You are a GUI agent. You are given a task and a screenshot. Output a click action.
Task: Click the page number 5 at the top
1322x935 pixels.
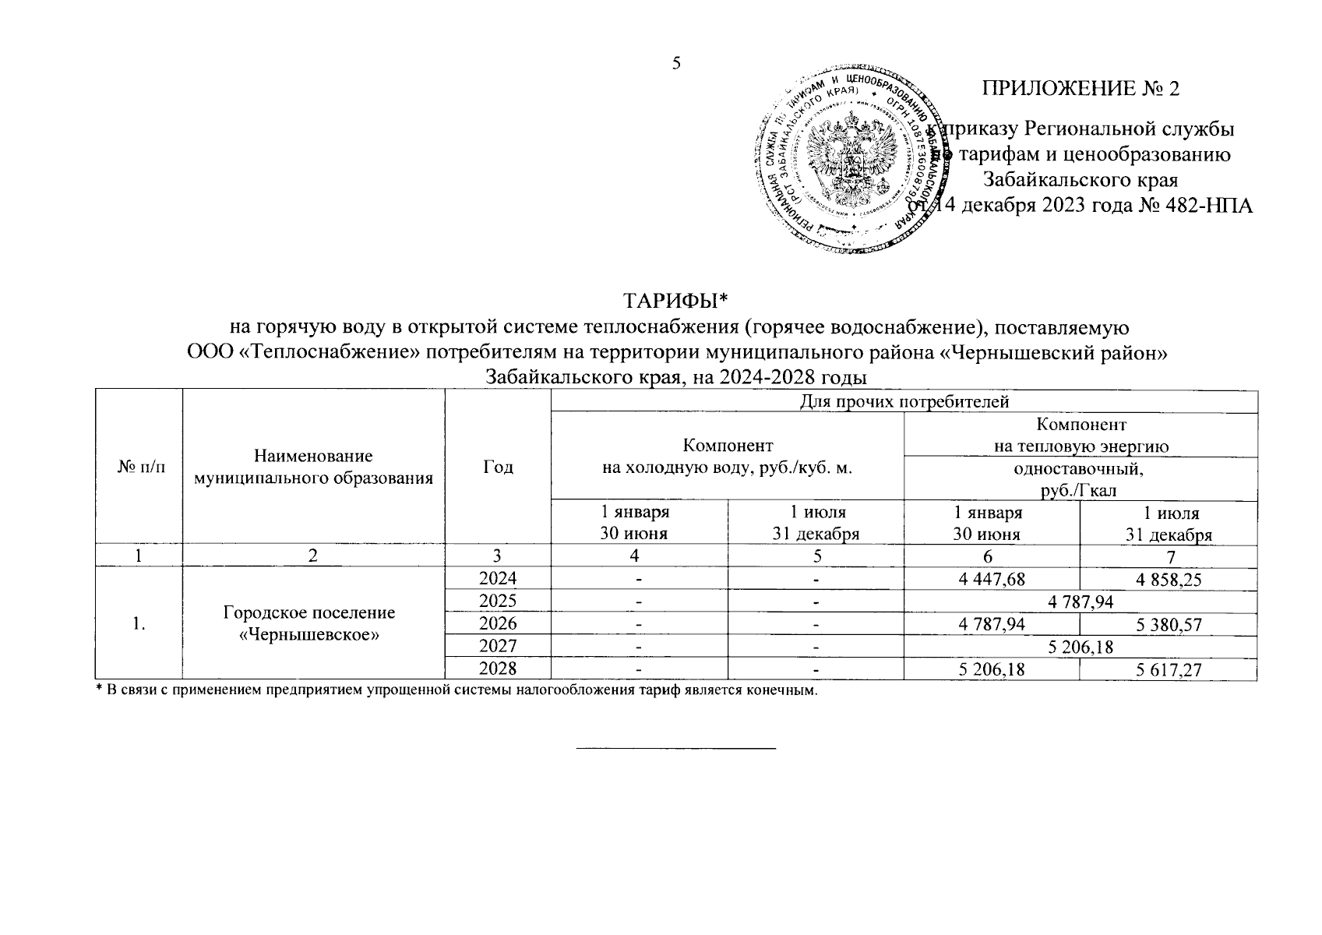(x=676, y=63)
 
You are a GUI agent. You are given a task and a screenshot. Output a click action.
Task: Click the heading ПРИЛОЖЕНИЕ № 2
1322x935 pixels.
(x=1081, y=89)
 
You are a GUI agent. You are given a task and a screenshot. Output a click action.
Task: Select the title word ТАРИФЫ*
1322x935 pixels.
(x=675, y=301)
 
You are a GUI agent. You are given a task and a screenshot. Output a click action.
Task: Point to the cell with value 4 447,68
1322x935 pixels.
(x=992, y=579)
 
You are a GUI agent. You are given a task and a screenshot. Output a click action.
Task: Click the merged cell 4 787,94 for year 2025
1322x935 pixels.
(x=1080, y=602)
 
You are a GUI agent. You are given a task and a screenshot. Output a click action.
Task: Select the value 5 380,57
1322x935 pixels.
(x=1169, y=624)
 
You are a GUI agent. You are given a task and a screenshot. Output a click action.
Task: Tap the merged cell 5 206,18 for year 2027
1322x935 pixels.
(x=1080, y=647)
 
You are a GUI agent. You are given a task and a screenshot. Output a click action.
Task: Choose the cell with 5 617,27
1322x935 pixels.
(x=1169, y=669)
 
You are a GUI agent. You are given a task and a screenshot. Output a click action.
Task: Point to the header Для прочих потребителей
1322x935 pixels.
(x=904, y=402)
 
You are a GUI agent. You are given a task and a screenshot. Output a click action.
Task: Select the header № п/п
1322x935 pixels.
(x=138, y=467)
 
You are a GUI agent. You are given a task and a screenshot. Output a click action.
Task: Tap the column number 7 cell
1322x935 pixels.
(x=1169, y=556)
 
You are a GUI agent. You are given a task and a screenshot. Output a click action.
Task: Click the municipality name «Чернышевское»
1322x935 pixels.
(x=309, y=634)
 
